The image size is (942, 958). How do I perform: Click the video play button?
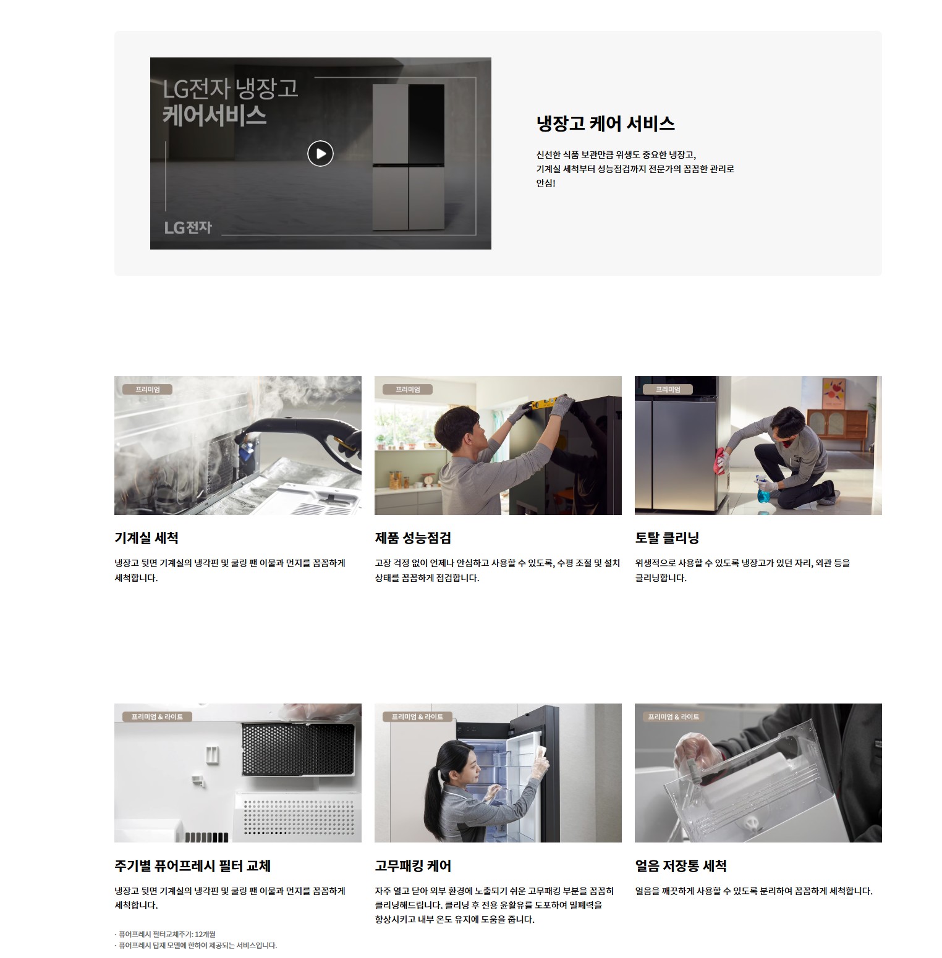pyautogui.click(x=320, y=153)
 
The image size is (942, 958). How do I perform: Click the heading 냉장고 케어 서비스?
pyautogui.click(x=605, y=124)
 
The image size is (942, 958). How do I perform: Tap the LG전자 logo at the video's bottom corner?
pyautogui.click(x=188, y=227)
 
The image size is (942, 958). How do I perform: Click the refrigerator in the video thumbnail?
pyautogui.click(x=409, y=158)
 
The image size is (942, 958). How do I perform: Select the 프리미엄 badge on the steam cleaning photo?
pyautogui.click(x=147, y=389)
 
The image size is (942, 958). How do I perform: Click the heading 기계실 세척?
pyautogui.click(x=146, y=538)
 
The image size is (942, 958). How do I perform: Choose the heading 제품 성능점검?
pyautogui.click(x=413, y=538)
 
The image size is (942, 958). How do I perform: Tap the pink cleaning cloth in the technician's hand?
pyautogui.click(x=721, y=460)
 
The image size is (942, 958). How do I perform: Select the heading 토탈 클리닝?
pyautogui.click(x=667, y=538)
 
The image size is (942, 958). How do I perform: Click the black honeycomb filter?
pyautogui.click(x=297, y=749)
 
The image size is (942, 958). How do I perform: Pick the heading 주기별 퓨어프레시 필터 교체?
pyautogui.click(x=193, y=866)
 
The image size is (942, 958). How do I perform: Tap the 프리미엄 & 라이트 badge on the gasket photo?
pyautogui.click(x=417, y=716)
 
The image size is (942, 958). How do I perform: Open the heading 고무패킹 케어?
pyautogui.click(x=413, y=866)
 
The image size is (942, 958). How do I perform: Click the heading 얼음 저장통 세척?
pyautogui.click(x=681, y=866)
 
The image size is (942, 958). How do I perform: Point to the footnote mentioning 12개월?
pyautogui.click(x=165, y=934)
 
